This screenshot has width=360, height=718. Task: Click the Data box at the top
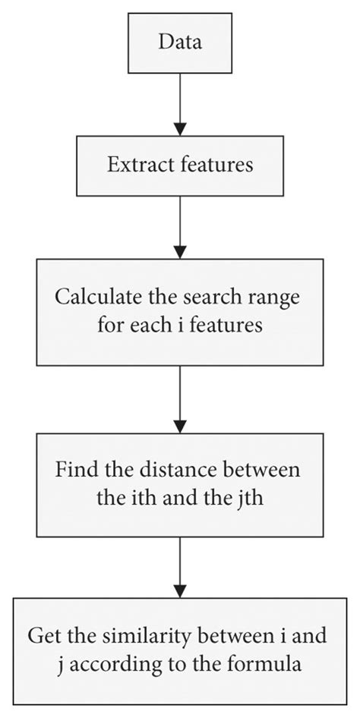179,43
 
